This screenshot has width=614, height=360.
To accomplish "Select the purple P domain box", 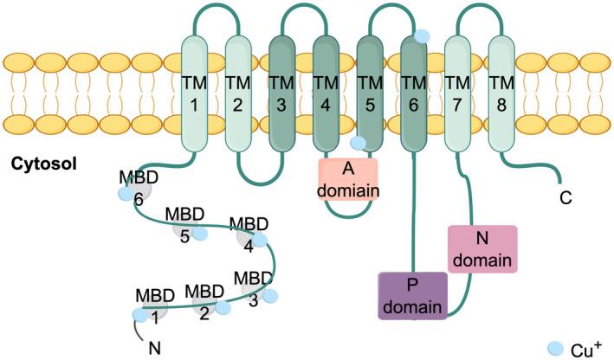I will point(412,295).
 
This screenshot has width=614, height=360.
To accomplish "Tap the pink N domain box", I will point(482,248).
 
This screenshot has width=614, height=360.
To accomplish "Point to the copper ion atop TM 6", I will point(422,36).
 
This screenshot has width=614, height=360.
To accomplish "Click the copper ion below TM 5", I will point(359,143).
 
